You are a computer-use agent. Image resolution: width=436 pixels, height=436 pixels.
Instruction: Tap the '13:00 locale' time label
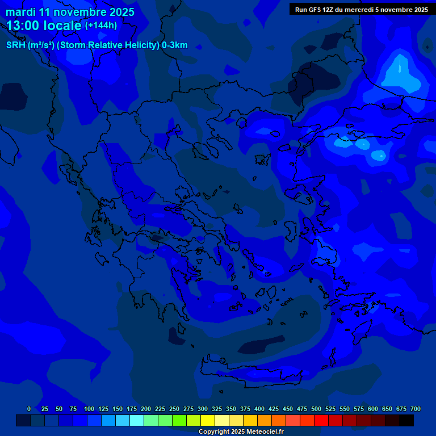[44, 26]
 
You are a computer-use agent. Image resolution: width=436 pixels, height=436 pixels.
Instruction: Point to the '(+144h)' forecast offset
[101, 26]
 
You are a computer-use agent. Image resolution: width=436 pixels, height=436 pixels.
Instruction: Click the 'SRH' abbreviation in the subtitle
[16, 45]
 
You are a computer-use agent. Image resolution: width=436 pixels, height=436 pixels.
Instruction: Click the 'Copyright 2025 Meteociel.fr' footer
[241, 431]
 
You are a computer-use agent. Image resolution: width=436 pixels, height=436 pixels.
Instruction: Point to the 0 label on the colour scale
[29, 409]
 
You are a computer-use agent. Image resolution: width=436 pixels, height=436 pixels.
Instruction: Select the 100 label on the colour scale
[89, 409]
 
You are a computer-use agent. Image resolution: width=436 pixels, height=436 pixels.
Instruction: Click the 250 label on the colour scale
[174, 409]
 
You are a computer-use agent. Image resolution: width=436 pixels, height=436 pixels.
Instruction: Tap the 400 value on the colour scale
[259, 409]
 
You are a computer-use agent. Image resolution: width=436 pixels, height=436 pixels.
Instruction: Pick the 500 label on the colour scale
[316, 409]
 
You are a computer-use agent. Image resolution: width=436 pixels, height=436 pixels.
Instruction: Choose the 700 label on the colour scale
[416, 409]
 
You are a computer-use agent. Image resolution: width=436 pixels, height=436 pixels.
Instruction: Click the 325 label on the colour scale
[217, 409]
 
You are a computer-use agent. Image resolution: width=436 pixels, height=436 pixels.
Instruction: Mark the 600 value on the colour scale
[373, 409]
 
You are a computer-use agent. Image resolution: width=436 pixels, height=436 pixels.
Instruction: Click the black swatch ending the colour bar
[406, 421]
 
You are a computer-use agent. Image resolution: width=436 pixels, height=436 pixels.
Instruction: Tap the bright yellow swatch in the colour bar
[208, 421]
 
